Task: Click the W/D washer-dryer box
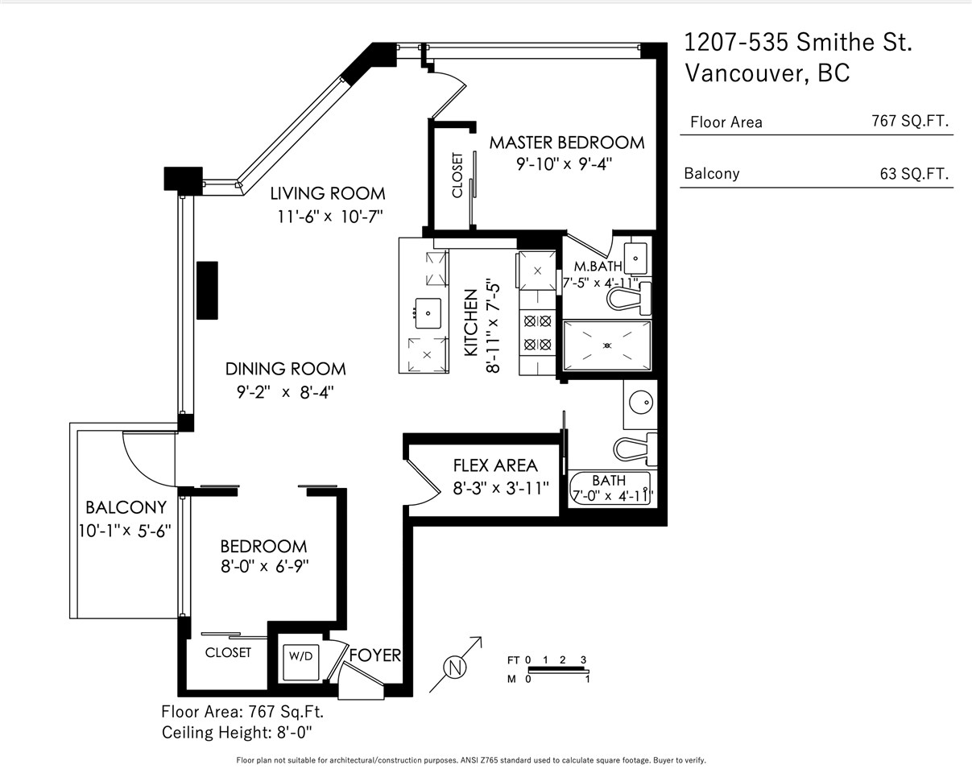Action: coord(300,663)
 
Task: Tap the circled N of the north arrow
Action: coord(455,668)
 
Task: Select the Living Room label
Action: coord(328,194)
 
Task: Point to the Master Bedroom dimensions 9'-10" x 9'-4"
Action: coord(565,163)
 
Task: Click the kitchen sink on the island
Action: coord(428,313)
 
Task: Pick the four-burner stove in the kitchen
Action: coord(537,333)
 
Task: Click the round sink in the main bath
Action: coord(641,401)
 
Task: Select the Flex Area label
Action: coord(495,465)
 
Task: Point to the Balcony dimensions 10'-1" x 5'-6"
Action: coord(125,531)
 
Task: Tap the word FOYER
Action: coord(375,655)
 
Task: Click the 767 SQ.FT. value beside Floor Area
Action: coord(910,121)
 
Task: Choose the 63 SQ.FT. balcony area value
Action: coord(914,174)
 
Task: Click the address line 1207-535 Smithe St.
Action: coord(798,43)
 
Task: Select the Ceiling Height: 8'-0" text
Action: coord(237,733)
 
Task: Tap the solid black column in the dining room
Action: coord(207,291)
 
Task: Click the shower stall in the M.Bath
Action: coord(607,345)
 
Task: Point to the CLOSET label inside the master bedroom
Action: coord(457,175)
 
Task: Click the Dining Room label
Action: coord(285,369)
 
